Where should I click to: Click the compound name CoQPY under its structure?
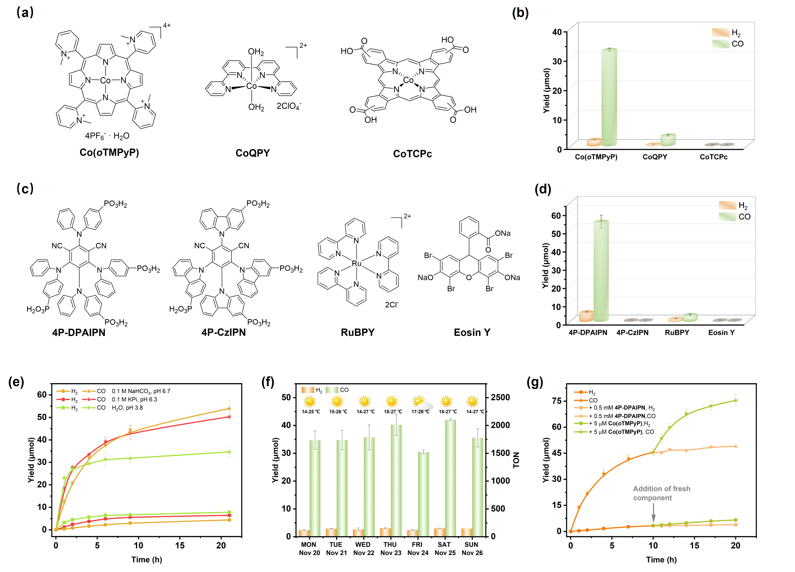pos(253,153)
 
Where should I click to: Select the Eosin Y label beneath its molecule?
pos(472,332)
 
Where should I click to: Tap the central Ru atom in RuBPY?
pos(356,263)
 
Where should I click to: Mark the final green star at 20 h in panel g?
pos(735,400)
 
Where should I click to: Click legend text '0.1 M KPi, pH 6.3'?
pos(134,399)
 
